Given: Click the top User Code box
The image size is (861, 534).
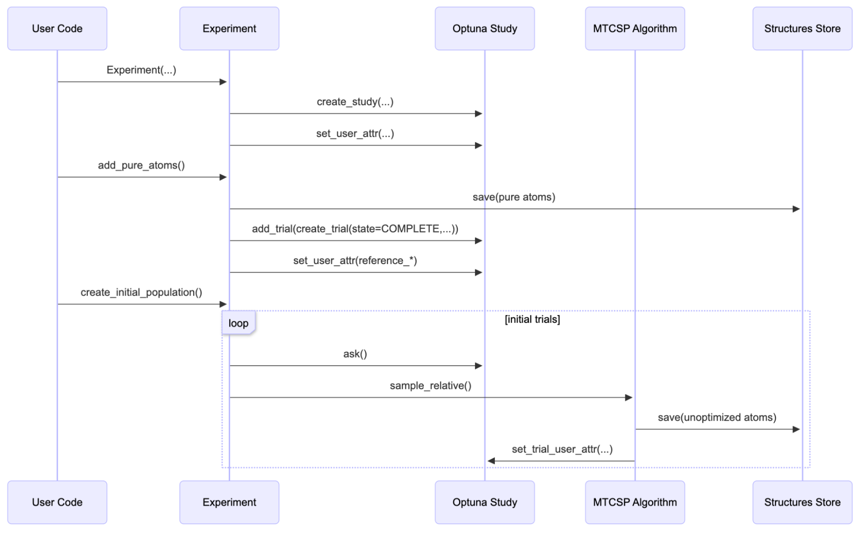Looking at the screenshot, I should pos(57,28).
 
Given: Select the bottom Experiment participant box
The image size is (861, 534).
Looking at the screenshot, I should pos(229,502).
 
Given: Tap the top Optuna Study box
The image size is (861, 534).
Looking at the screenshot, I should pos(485,28).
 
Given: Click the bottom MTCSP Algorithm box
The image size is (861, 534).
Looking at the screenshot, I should pos(634,502).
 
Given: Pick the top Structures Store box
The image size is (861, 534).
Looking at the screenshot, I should pos(802,28).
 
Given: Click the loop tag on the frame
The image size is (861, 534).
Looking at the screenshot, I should pos(238,323).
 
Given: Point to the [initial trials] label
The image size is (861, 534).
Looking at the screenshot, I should pos(532,319).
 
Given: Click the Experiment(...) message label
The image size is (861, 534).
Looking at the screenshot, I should pos(141,70).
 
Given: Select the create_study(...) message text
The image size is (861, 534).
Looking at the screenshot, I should pos(355,102).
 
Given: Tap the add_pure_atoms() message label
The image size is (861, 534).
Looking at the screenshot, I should pos(141,165).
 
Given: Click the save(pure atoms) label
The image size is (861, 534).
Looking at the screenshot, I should pos(514,197).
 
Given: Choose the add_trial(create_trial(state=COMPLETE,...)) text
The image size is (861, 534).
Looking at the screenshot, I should pos(355,229).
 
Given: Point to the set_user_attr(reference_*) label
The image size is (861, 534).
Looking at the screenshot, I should pos(355,261).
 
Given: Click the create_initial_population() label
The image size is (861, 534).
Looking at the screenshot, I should pos(141,292).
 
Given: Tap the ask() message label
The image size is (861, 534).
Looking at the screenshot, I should pos(355,354).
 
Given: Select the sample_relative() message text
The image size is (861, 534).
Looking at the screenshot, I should pos(430,386).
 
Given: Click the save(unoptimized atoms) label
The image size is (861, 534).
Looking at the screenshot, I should pos(717,417).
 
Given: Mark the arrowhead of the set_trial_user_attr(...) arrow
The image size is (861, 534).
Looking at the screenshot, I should pos(491,461).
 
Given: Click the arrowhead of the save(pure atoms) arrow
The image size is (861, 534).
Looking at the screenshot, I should pos(796,209).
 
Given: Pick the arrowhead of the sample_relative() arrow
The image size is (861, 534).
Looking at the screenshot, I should pos(628,397).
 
